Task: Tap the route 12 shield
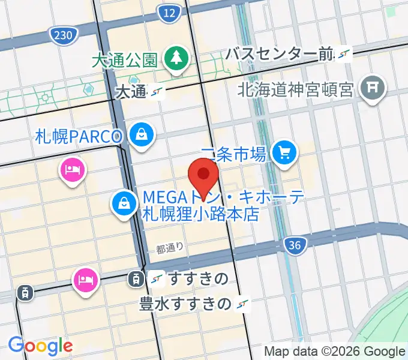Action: [x=170, y=13]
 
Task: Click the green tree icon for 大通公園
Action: [x=177, y=59]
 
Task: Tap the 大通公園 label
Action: [x=124, y=60]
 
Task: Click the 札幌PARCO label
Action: [x=79, y=136]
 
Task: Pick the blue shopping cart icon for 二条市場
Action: [x=284, y=153]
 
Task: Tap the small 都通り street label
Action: [x=169, y=247]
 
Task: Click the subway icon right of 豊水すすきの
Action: [x=243, y=304]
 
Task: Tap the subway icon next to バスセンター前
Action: [x=343, y=55]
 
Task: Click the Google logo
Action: [x=40, y=346]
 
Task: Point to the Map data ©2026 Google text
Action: [x=335, y=351]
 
